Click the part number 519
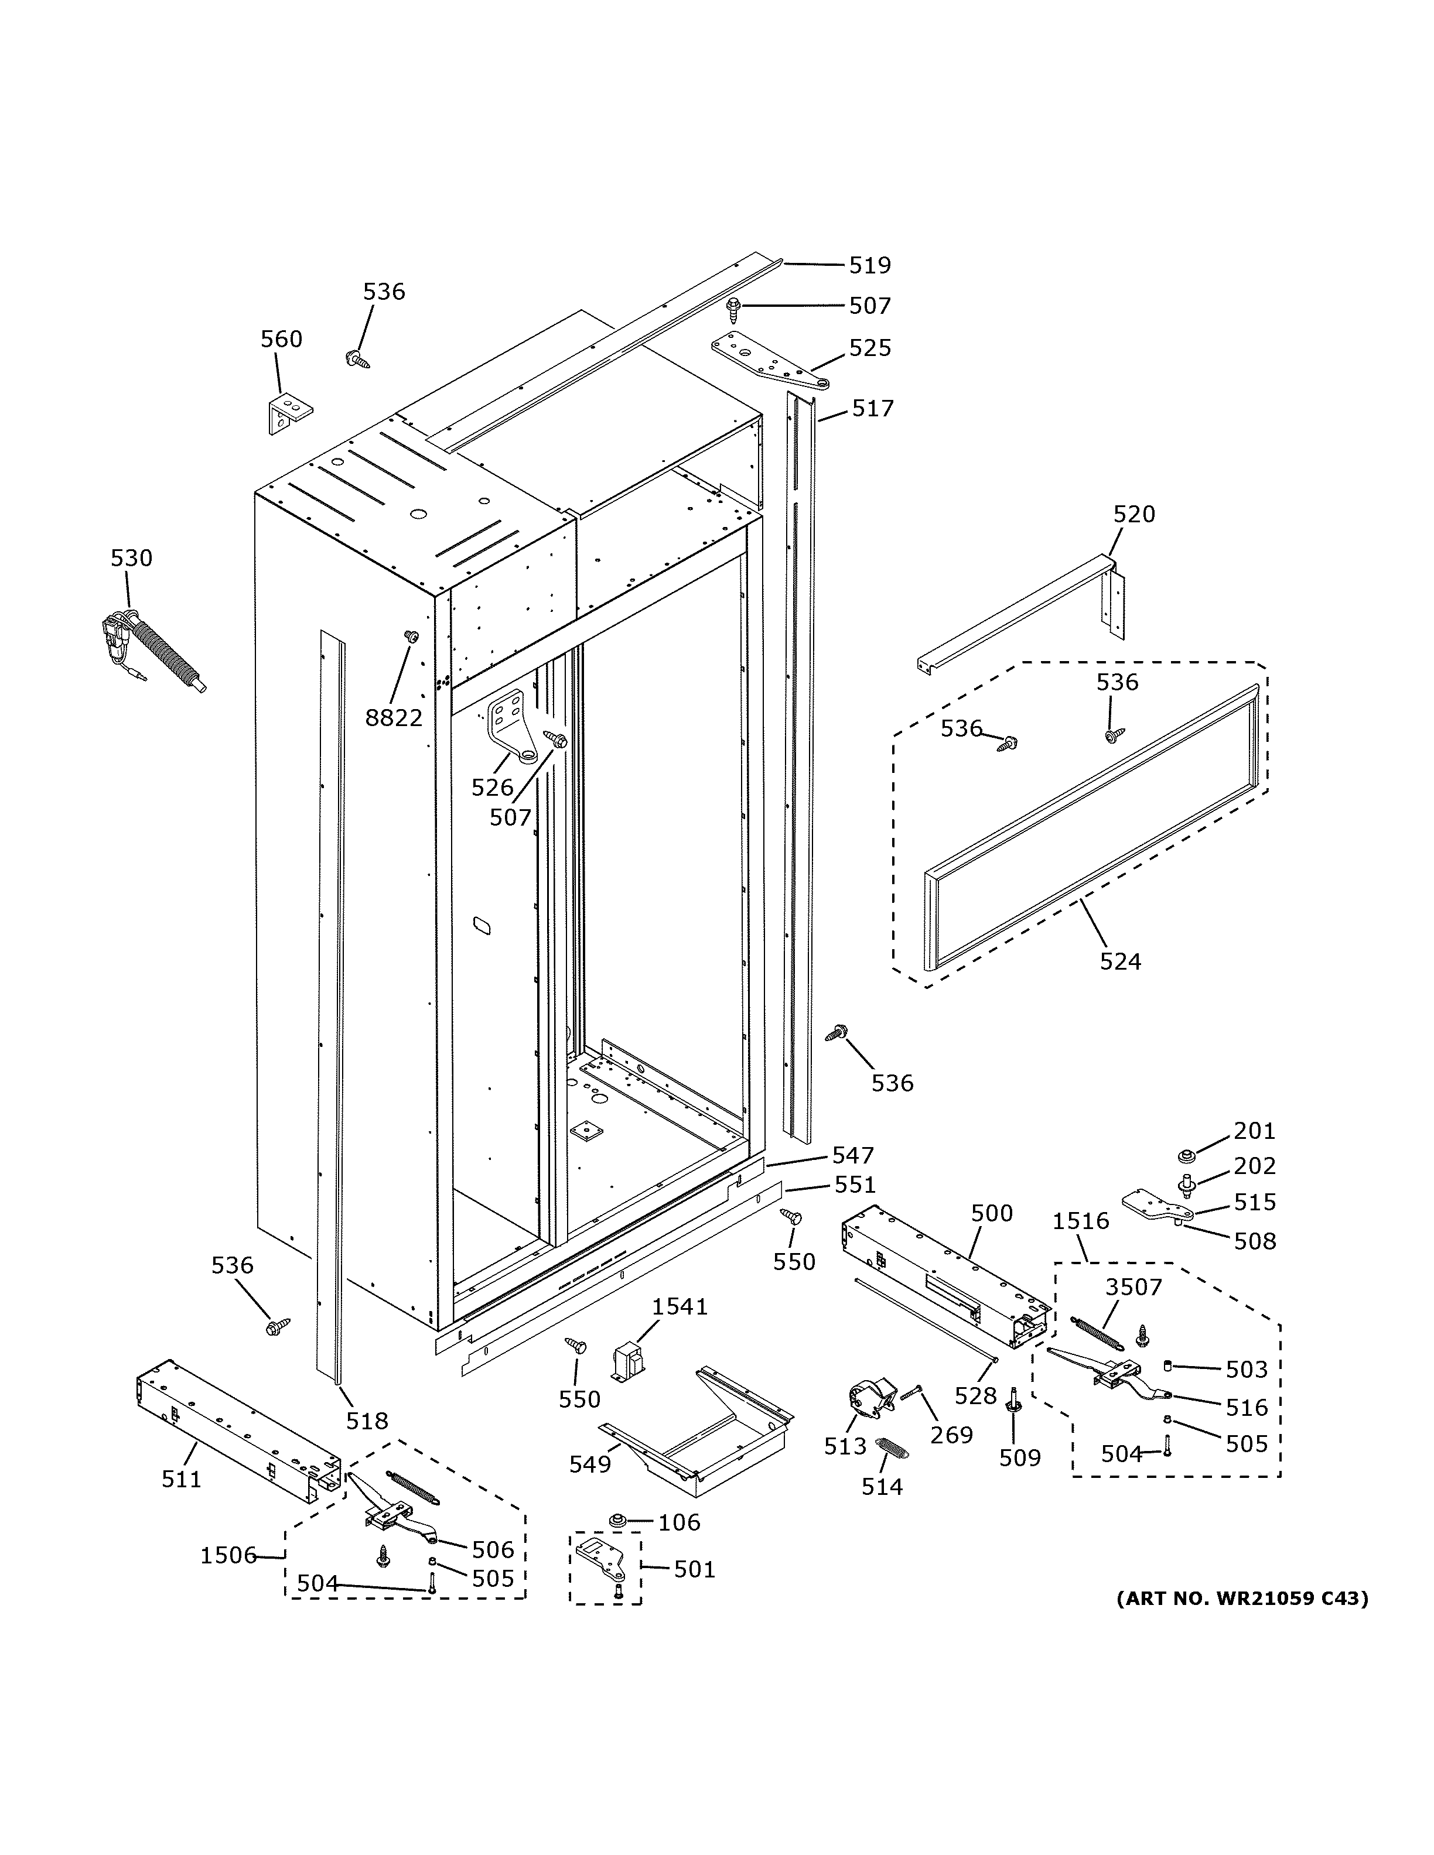point(870,266)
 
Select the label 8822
point(393,718)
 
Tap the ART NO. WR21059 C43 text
point(1241,1599)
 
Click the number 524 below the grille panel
point(1119,961)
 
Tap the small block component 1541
point(628,1361)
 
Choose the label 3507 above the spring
point(1133,1287)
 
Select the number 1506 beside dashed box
point(228,1555)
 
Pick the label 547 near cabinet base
point(852,1155)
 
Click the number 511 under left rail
point(182,1478)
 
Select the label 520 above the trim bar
point(1134,514)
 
